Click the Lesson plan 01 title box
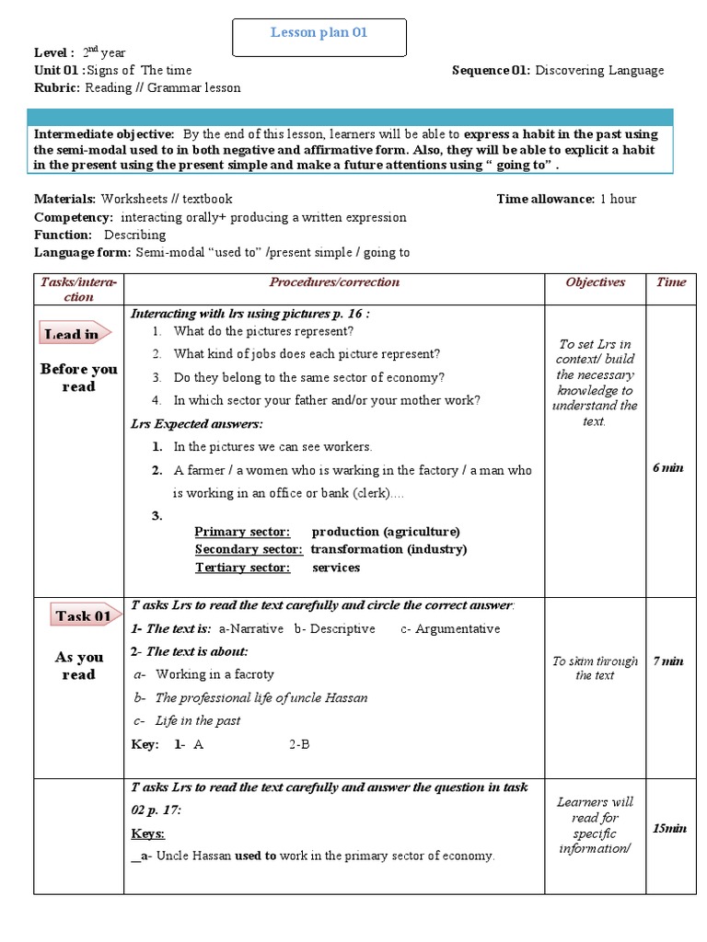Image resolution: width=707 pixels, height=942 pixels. tap(319, 34)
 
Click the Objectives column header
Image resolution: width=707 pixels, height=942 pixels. tap(595, 282)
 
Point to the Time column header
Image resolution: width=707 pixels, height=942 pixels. tap(670, 282)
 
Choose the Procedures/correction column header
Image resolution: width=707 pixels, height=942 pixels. tap(334, 282)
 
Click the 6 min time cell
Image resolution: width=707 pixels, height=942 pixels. tap(668, 468)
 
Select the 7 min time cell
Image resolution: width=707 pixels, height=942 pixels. tap(668, 661)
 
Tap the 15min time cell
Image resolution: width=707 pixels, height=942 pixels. tap(669, 829)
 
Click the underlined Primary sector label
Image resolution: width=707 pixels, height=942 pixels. tap(242, 532)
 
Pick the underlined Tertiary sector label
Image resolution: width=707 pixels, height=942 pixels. tap(242, 568)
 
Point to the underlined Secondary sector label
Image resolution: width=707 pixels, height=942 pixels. tap(248, 549)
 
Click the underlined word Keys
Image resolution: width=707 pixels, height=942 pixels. tap(147, 833)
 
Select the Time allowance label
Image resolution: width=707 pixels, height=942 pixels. tap(545, 199)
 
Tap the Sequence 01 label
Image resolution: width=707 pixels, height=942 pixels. tap(491, 70)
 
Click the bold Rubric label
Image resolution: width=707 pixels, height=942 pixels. tap(57, 88)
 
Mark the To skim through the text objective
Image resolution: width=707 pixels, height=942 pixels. tap(595, 668)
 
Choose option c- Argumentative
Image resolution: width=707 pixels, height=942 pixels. tap(450, 629)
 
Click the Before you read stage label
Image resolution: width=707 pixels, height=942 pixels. tap(79, 377)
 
